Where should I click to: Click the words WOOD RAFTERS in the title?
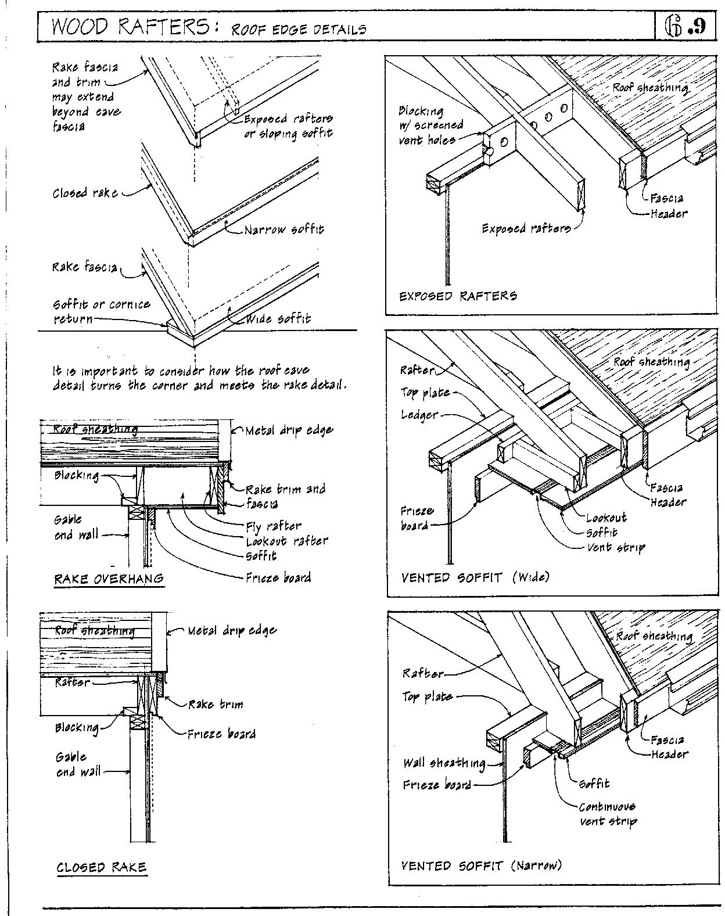pos(131,27)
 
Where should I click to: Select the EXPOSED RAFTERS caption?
pos(458,296)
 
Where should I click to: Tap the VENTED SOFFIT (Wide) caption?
pos(475,577)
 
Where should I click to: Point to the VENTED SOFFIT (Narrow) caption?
pos(482,866)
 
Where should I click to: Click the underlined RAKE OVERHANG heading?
pos(109,579)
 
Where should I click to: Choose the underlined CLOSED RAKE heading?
pos(101,867)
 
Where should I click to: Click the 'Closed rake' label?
pos(85,193)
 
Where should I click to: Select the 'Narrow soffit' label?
pos(284,229)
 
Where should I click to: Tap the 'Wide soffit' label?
pos(278,319)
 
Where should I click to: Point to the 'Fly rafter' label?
pos(274,526)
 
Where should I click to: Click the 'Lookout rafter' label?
pos(287,541)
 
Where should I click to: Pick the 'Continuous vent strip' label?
pos(607,814)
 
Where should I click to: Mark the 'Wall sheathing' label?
pos(444,763)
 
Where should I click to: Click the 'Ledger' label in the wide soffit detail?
pos(419,415)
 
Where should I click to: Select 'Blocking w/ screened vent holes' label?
pos(430,125)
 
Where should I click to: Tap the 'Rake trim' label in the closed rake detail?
pos(216,705)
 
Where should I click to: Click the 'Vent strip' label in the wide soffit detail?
pos(616,547)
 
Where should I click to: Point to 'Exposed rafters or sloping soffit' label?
pos(288,126)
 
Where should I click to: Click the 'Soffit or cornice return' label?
pos(101,311)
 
